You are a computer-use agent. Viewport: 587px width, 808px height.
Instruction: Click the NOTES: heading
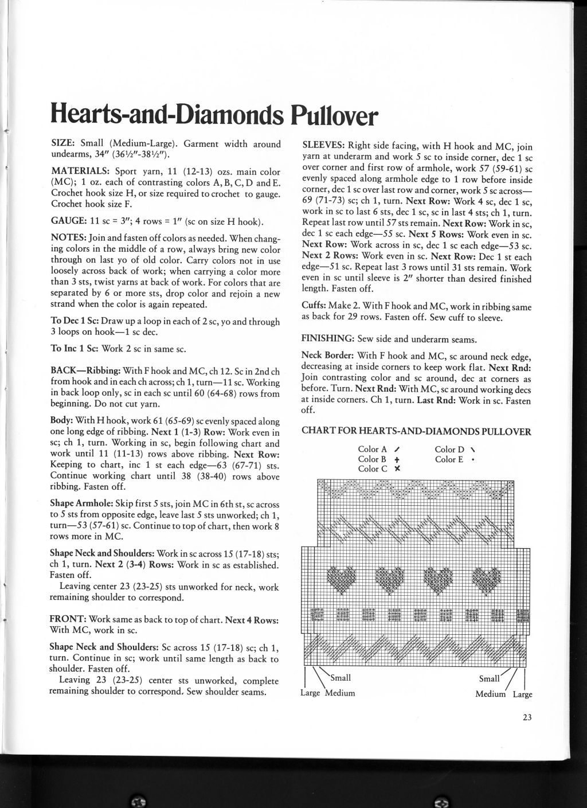68,236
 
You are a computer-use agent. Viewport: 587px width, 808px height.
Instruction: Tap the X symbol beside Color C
397,469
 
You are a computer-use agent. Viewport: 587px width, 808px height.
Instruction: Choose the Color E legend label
449,459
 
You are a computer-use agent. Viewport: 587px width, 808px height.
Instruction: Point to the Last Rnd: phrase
436,401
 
